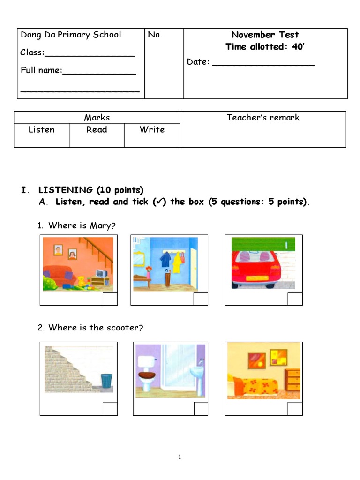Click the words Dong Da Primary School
[x=70, y=35]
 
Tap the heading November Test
[x=265, y=35]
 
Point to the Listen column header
[x=41, y=130]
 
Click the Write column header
[x=152, y=130]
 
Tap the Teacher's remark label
[x=263, y=118]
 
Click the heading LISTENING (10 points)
[x=91, y=190]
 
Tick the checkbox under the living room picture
[x=110, y=299]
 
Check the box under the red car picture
[x=295, y=299]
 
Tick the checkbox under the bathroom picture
[x=201, y=409]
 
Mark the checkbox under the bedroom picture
[x=295, y=409]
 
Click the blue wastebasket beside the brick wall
[x=107, y=381]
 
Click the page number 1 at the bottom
[x=180, y=457]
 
